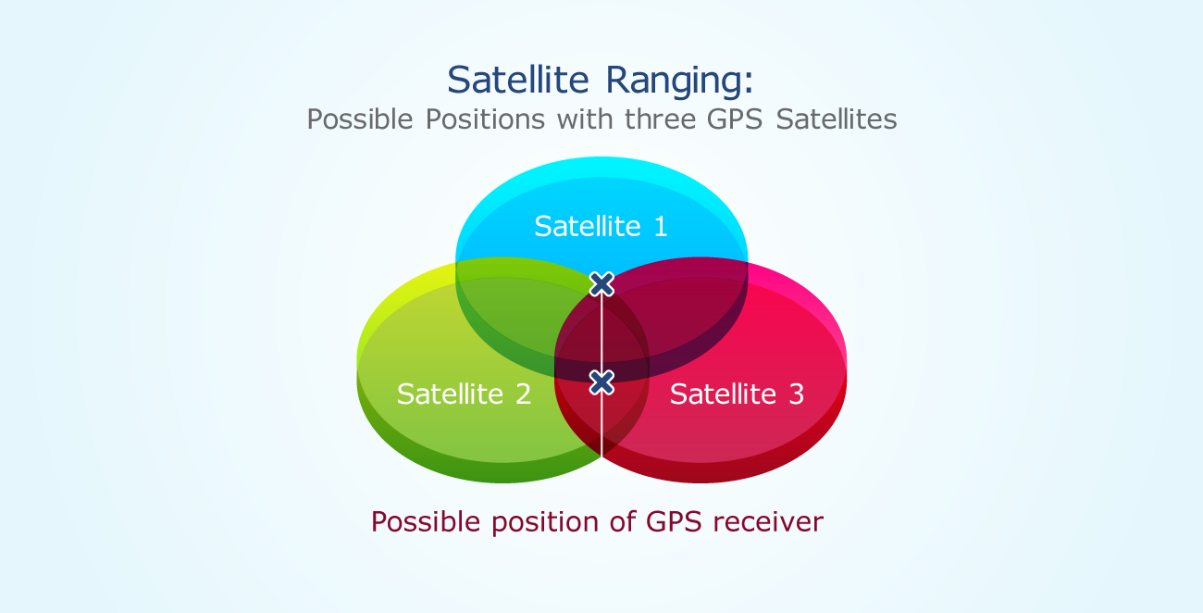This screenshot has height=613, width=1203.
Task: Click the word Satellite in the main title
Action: pos(518,80)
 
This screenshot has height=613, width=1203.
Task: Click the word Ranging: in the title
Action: pos(679,81)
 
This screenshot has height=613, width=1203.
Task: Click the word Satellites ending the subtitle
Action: pos(837,119)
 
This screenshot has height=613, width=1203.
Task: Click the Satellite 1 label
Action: pos(601,226)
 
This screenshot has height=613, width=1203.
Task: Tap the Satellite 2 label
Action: pos(464,394)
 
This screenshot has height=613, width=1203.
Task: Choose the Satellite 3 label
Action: pos(737,394)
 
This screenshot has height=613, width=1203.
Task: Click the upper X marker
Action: pos(601,283)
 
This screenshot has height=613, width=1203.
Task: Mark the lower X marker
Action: pos(601,382)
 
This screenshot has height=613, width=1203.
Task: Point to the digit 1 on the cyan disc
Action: pos(660,226)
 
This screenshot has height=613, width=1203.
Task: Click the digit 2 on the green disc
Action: pos(523,394)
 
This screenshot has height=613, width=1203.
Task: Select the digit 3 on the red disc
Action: pos(796,394)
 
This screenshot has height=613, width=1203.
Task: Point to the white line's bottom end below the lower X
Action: pos(601,454)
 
